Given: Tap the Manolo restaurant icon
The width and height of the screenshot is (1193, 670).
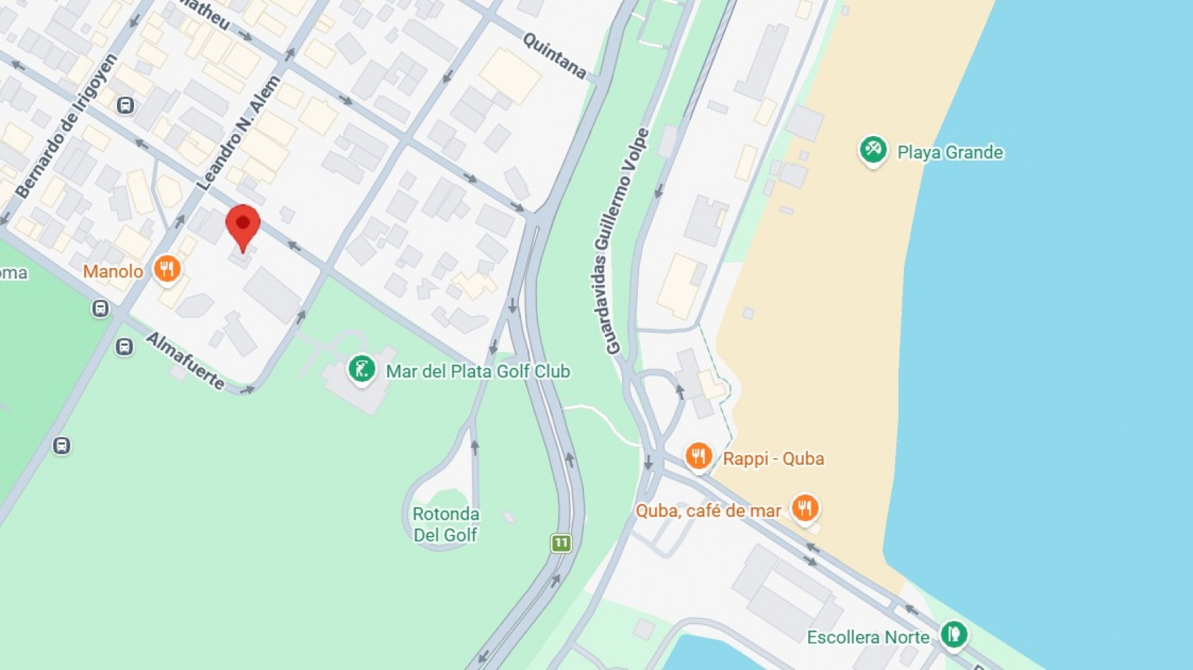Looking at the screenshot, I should (167, 269).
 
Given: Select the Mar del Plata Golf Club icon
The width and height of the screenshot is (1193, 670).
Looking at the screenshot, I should (361, 368).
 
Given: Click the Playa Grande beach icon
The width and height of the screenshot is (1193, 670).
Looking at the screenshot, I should (873, 150).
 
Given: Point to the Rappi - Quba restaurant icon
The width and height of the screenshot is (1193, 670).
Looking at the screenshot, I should (698, 456).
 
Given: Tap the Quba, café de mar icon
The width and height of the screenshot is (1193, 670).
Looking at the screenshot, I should (804, 507).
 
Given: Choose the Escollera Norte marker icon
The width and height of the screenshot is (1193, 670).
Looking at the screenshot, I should (953, 633).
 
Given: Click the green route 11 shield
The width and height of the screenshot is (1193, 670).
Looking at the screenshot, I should (561, 543).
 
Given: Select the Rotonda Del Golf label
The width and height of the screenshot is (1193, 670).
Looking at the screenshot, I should (446, 524).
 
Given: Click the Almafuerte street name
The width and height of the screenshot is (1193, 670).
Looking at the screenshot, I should (185, 360).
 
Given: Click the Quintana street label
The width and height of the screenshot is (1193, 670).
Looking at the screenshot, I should (554, 55).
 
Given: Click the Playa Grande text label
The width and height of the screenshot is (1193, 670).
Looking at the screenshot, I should (950, 152).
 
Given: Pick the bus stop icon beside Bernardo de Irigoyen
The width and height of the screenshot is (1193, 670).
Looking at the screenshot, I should (126, 106).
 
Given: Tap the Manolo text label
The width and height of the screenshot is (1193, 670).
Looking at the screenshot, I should (113, 272).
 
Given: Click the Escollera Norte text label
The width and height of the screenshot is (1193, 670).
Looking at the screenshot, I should (868, 638).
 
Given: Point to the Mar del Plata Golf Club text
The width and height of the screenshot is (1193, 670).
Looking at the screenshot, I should (478, 371).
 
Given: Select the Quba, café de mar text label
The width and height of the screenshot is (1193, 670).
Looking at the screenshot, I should (708, 511).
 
